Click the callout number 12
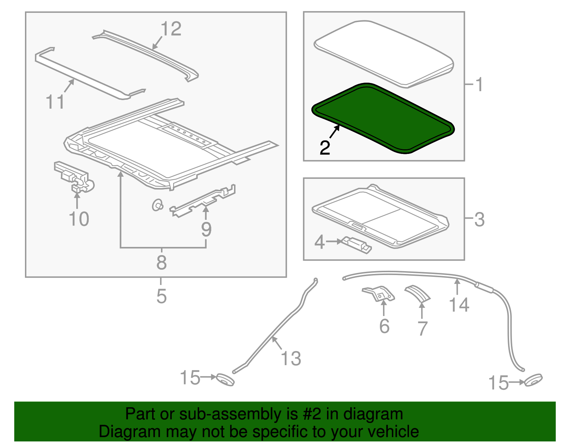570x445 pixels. coord(171,29)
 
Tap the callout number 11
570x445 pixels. coord(55,102)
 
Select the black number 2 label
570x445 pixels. coord(325,148)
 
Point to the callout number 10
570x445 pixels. coord(79,219)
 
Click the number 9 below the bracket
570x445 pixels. coord(206,229)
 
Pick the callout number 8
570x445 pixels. coord(162,262)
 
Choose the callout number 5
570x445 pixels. coord(162,296)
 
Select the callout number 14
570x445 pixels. coord(459,305)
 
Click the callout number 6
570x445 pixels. coord(384,326)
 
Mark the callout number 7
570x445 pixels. coord(422,328)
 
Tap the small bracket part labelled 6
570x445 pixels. coord(378,294)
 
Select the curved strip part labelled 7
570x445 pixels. coord(418,294)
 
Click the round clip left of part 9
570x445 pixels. coord(157,205)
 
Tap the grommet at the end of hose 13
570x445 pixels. coord(225,380)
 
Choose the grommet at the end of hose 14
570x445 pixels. coord(533,380)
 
